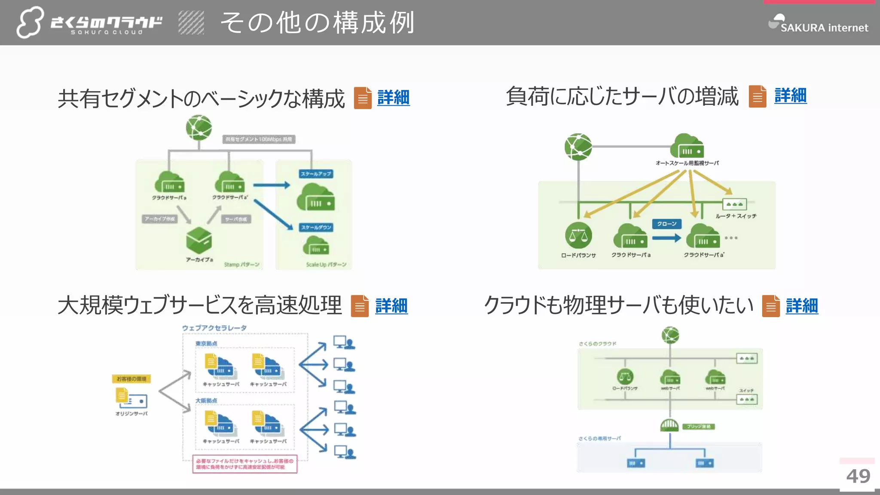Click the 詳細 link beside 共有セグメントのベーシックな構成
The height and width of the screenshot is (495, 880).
393,98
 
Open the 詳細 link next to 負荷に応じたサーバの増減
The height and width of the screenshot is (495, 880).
790,96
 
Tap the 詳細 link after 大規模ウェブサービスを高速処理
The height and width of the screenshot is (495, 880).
391,306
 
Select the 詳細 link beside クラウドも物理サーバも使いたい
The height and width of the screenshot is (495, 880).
801,306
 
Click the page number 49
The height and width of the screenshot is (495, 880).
858,476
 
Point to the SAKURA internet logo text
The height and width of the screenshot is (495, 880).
824,28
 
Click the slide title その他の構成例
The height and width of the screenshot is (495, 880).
317,22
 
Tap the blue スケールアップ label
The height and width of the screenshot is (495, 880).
316,174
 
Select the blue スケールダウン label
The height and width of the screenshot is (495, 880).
316,227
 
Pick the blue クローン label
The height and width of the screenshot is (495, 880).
666,224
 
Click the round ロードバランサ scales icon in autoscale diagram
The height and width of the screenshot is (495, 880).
578,235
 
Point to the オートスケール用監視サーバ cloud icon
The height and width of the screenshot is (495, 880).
687,146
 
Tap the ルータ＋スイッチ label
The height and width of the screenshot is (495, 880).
736,216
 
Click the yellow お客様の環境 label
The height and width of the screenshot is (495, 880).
131,379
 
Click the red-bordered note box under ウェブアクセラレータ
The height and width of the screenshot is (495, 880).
244,464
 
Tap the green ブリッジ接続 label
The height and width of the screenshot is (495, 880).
699,427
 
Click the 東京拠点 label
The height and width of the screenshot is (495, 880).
206,344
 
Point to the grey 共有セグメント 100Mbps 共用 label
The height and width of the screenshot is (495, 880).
259,139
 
